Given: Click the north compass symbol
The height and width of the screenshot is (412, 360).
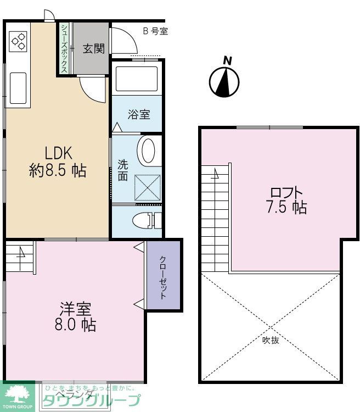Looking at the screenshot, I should (x=224, y=81).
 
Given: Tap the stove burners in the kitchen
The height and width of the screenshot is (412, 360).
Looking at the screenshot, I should (x=19, y=41).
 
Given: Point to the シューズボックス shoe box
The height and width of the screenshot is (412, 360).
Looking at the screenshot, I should (x=65, y=48).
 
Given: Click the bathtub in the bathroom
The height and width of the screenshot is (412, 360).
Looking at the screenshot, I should (x=137, y=79).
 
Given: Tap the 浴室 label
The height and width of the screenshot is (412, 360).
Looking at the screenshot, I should (x=139, y=115).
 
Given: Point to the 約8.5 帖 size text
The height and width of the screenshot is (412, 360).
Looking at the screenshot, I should (x=57, y=171).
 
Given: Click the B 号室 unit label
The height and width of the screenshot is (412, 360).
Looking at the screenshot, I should (x=155, y=31).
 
